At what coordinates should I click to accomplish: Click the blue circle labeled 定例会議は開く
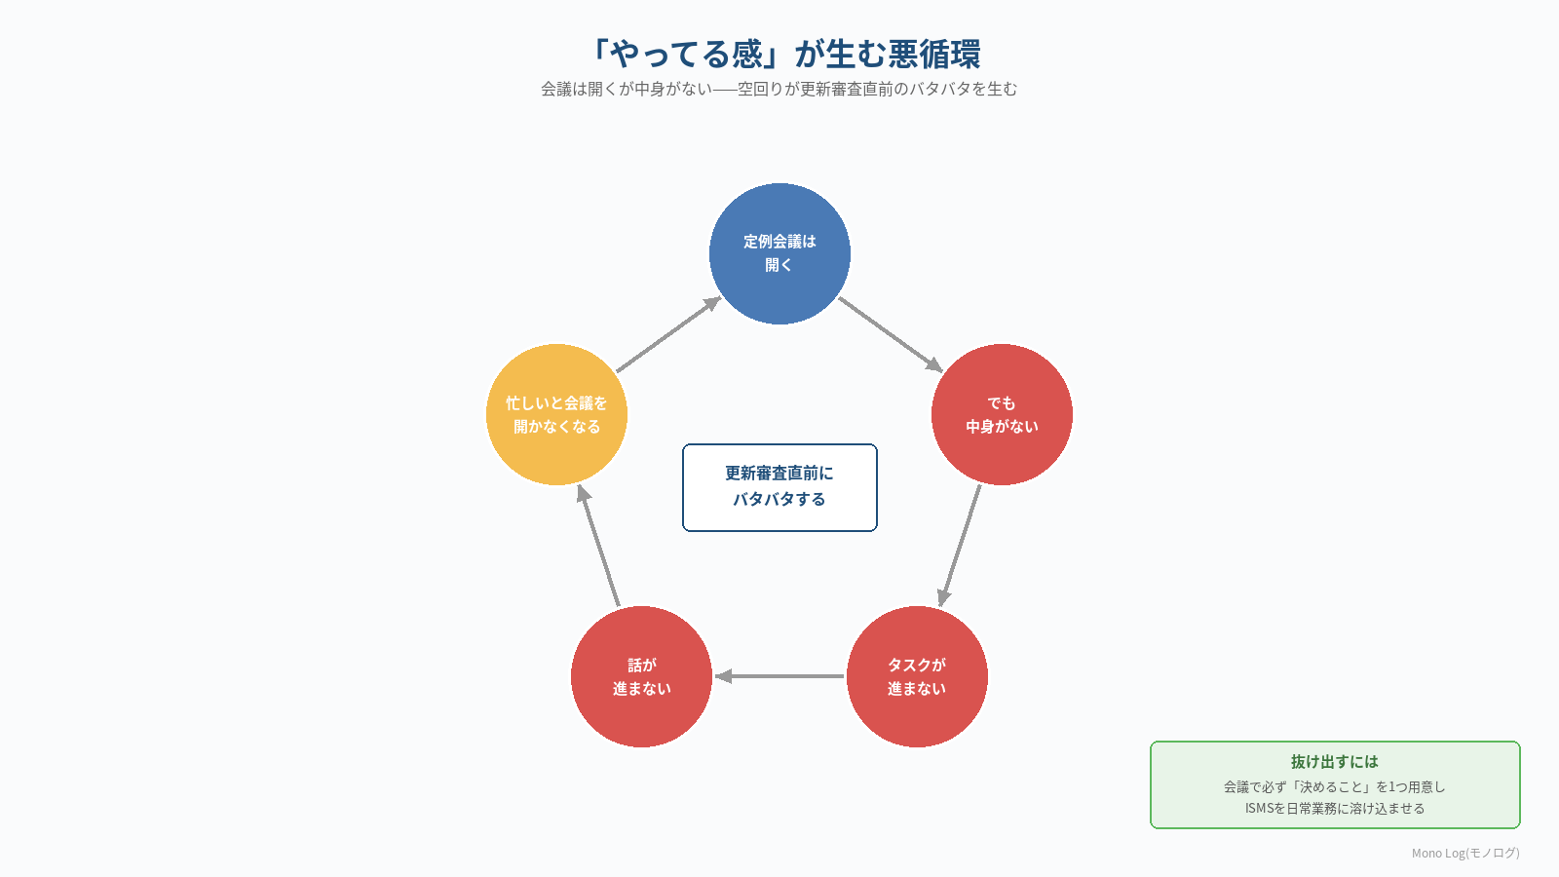coord(779,253)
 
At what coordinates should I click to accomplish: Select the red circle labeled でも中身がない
coord(1002,414)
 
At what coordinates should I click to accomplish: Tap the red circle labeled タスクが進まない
coord(917,676)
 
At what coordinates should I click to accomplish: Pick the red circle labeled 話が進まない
coord(641,676)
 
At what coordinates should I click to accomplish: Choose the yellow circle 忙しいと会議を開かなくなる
coord(556,414)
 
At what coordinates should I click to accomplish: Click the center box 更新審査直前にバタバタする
coord(779,487)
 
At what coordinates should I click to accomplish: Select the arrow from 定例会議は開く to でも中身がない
coord(891,335)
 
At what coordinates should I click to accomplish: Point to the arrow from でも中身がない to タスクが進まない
coord(959,546)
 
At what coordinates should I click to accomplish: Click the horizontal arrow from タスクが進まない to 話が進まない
coord(779,676)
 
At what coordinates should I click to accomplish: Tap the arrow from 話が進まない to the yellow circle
coord(598,545)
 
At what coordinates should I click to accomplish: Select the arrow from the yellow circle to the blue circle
coord(668,334)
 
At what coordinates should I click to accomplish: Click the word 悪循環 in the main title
coord(934,54)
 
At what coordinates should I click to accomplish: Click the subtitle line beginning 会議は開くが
coord(779,89)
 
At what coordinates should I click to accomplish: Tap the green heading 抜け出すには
coord(1334,761)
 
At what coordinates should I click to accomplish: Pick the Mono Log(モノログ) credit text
coord(1465,853)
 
